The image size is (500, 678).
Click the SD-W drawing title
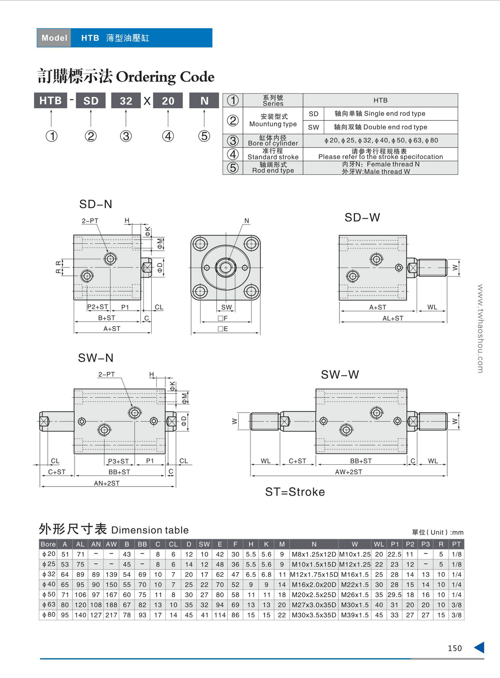coord(362,217)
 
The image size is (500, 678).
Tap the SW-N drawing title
coord(96,358)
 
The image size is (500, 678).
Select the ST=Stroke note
coord(295,492)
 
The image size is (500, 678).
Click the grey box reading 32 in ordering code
coord(126,100)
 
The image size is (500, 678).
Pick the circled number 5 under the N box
coord(204,136)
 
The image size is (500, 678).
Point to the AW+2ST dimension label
coord(349,472)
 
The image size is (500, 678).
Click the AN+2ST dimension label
coord(107,484)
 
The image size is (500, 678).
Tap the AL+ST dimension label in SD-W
coord(393,319)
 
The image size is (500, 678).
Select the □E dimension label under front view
coord(223,329)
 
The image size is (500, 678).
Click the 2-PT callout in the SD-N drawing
coord(90,221)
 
